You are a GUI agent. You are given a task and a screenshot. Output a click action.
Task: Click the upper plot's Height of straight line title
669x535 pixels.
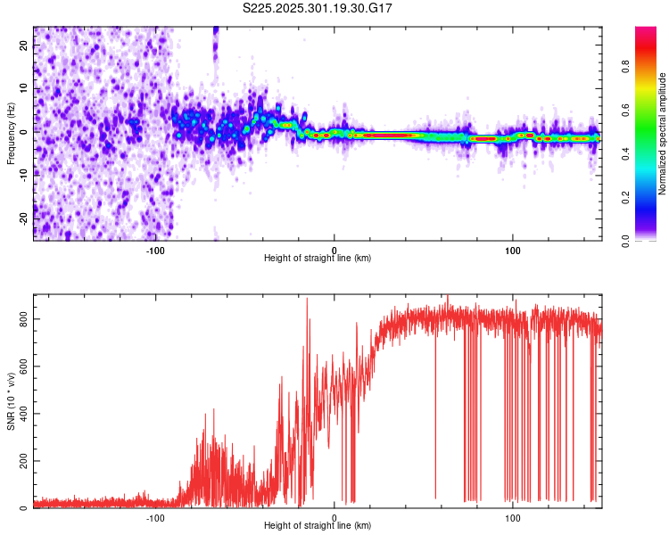318,259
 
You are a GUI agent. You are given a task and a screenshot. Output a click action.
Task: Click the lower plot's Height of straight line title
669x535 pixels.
318,526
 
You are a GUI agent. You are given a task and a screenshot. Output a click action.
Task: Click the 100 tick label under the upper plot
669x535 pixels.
513,251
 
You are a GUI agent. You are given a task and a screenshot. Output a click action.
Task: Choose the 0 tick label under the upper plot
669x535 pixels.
334,251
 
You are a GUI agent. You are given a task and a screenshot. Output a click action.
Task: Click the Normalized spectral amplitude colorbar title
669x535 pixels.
663,134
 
